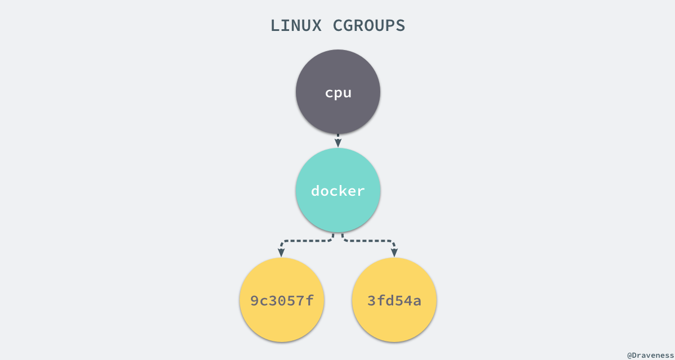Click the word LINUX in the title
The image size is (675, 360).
[295, 26]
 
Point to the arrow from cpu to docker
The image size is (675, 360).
[338, 141]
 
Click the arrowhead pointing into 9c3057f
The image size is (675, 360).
[282, 253]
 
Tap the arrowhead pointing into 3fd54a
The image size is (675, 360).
[394, 253]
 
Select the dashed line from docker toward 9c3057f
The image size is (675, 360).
[307, 241]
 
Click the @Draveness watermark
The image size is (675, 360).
[650, 355]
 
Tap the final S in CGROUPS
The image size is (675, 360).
[400, 26]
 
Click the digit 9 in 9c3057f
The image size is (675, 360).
[255, 301]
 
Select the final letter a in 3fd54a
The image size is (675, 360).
[417, 301]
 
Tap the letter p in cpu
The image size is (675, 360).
[338, 93]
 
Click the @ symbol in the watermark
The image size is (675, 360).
[630, 355]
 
